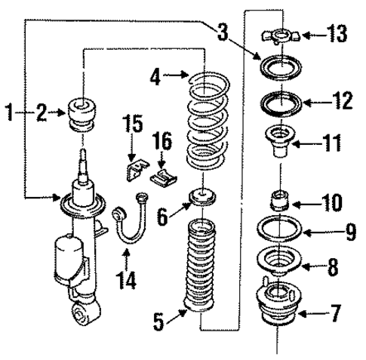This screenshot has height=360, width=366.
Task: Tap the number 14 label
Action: (x=127, y=281)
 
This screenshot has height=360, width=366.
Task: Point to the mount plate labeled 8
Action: (x=278, y=261)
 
